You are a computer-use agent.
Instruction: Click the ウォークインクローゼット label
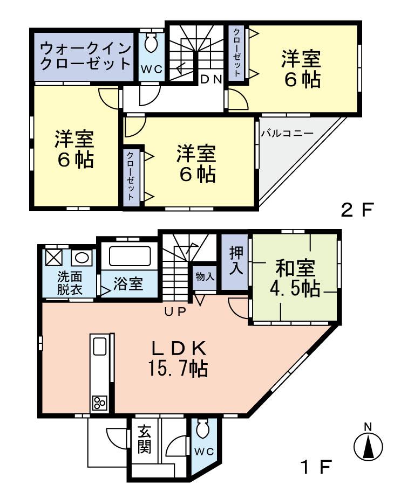point(86,56)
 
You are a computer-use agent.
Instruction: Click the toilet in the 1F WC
point(202,430)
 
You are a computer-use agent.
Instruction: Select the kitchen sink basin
point(100,346)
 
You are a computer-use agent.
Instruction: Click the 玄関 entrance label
point(143,440)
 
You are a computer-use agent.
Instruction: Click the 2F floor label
point(357,210)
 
